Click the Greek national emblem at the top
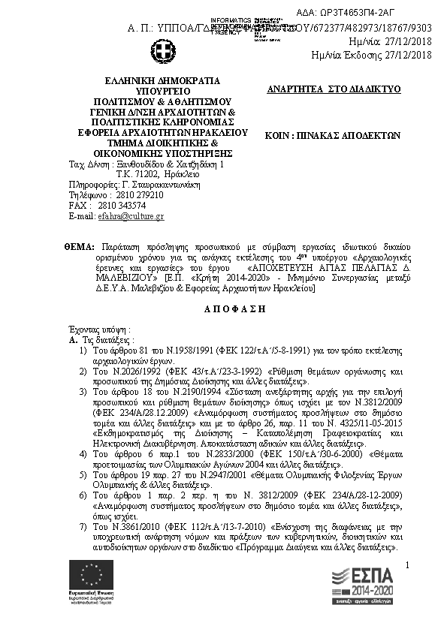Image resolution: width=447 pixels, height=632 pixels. [x=163, y=53]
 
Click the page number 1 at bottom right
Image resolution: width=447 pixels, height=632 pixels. [x=406, y=565]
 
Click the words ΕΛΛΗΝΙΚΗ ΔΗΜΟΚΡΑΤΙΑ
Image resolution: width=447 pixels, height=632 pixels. [x=163, y=80]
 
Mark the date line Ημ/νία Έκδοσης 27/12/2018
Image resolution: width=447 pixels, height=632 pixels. [x=371, y=55]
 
